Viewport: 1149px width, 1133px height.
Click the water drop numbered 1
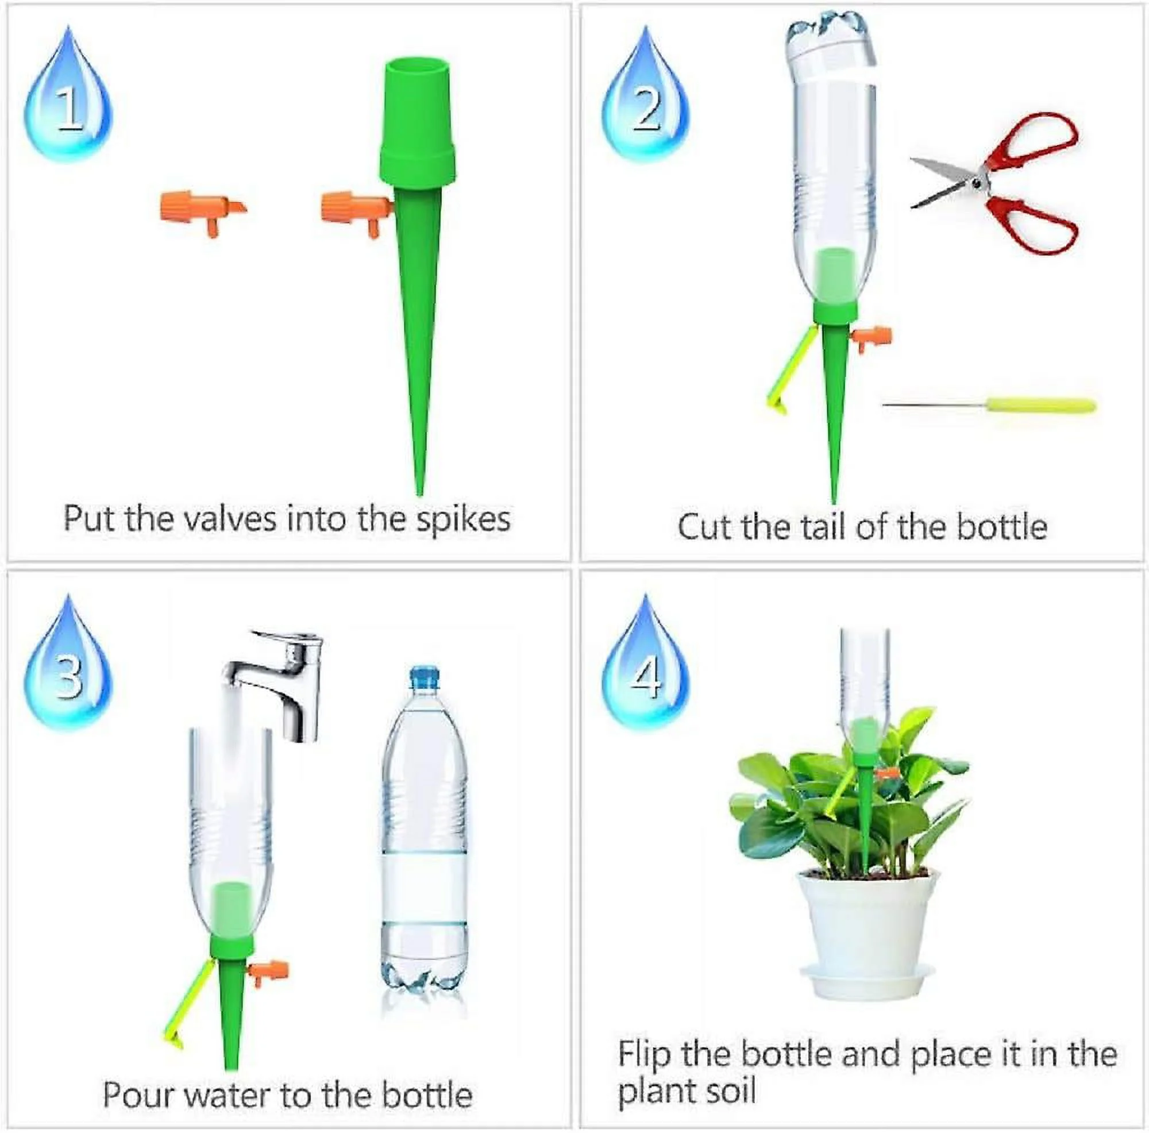68,101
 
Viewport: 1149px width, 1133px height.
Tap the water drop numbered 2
646,101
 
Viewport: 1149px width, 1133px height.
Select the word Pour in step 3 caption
138,1095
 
